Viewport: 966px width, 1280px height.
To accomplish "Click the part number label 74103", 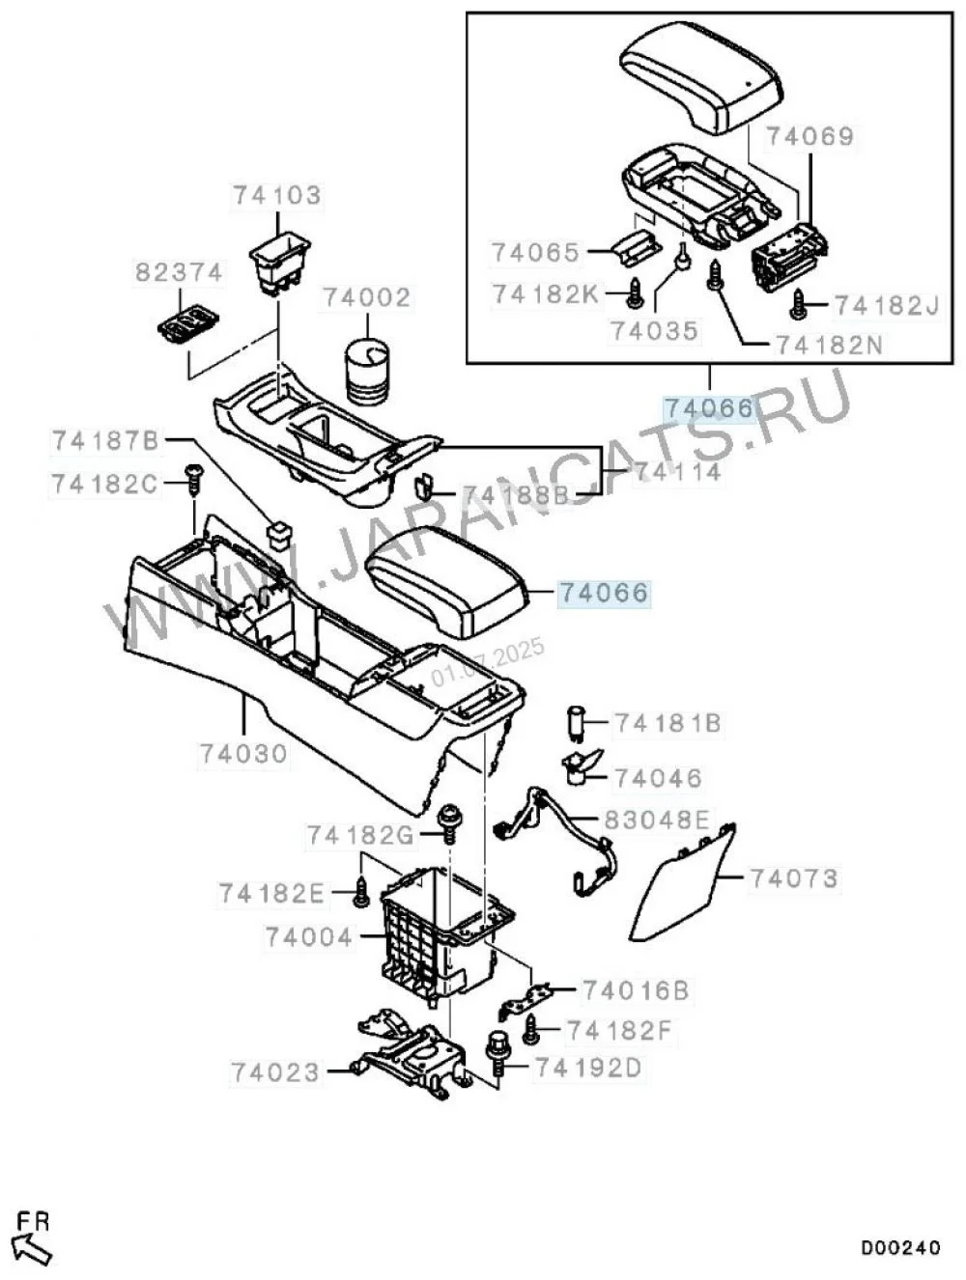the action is click(277, 195).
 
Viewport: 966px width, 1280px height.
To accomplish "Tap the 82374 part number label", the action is click(179, 272).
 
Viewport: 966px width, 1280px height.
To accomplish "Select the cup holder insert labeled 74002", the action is click(367, 372).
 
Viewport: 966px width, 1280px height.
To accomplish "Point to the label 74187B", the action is click(105, 441).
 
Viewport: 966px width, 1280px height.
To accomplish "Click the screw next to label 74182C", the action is click(193, 478).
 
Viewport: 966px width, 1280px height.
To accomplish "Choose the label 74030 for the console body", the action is click(243, 754).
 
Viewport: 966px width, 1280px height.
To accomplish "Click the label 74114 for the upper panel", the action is click(678, 472).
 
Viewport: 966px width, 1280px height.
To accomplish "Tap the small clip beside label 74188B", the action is click(424, 487).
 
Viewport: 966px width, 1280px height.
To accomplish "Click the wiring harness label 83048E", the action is click(656, 820).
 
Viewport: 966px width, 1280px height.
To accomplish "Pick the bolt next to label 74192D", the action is click(497, 1054).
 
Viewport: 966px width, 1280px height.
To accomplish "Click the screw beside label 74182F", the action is click(531, 1030).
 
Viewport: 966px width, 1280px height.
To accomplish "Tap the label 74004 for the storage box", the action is click(309, 937).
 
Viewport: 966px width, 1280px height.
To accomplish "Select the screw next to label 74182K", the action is click(635, 293).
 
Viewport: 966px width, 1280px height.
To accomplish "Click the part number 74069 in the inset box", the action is click(810, 136).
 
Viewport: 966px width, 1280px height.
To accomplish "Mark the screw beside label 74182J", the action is click(797, 305).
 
